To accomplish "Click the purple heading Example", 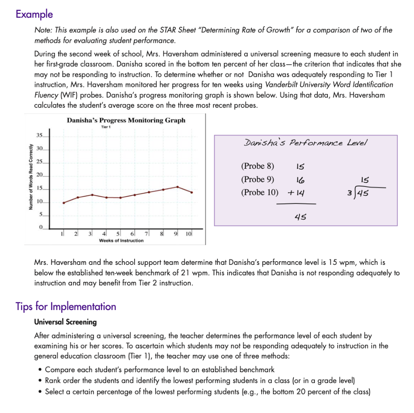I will (x=34, y=14).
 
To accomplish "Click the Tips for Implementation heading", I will (x=66, y=306).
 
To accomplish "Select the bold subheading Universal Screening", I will (x=65, y=322).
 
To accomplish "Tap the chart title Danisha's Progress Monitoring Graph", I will (x=126, y=120).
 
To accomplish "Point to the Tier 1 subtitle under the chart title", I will (x=106, y=127).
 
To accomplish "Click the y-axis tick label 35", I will (x=39, y=135).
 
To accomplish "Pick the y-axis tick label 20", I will (x=39, y=175).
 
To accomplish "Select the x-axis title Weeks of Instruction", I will (x=121, y=241).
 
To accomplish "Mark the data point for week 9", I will (x=177, y=187).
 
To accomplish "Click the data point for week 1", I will (x=63, y=203).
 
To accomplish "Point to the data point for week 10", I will (x=191, y=192).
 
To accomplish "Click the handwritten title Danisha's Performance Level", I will (x=305, y=143).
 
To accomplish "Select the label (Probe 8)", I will (x=258, y=166).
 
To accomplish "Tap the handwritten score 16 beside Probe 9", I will (x=300, y=180).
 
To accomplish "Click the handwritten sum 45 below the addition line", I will (x=300, y=217).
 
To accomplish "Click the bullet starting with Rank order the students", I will (x=200, y=380).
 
